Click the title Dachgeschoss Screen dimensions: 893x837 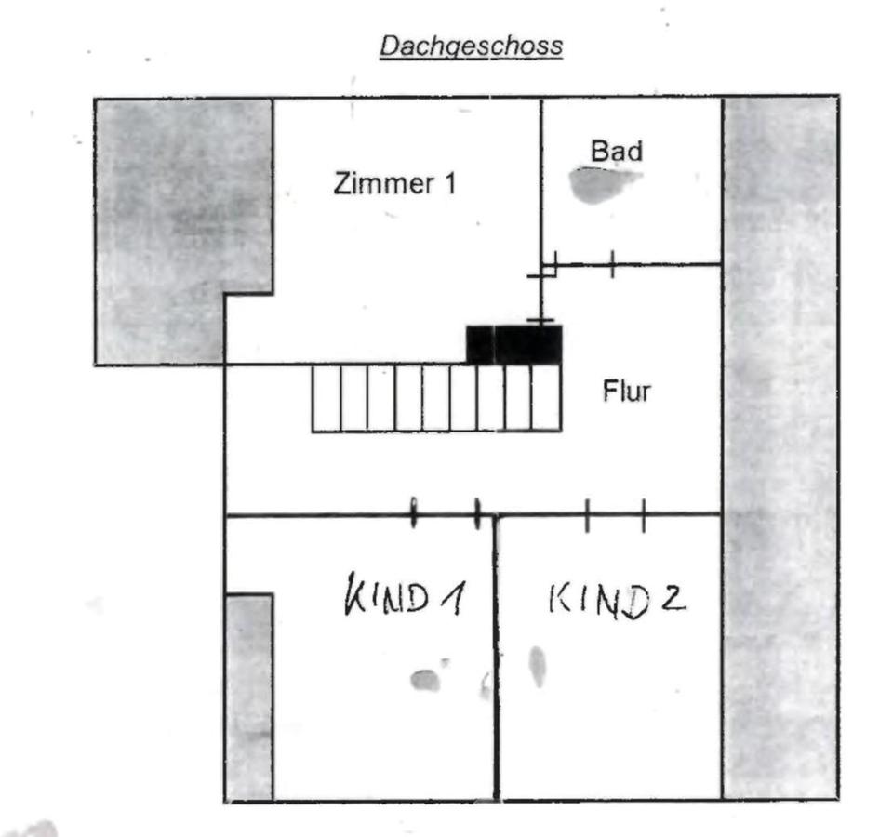(471, 46)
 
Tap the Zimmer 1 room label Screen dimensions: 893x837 (394, 183)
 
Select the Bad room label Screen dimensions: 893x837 (617, 150)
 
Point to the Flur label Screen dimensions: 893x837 (627, 392)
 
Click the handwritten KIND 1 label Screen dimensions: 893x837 (404, 597)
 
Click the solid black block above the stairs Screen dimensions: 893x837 (513, 344)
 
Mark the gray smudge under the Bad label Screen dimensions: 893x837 (595, 184)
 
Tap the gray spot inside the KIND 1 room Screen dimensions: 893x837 (425, 680)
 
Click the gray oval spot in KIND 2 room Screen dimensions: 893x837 (538, 666)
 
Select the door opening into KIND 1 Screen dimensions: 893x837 (446, 513)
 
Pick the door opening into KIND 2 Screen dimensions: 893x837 (615, 513)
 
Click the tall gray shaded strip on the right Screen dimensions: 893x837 (780, 446)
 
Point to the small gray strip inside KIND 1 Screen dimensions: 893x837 (249, 697)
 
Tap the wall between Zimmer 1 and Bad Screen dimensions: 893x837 (541, 177)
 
